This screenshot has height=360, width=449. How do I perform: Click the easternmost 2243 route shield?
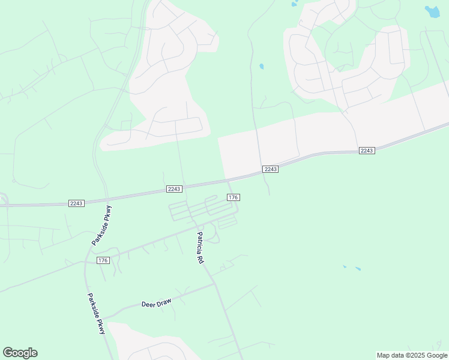(x=367, y=150)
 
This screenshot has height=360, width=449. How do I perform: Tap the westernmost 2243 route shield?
(x=76, y=203)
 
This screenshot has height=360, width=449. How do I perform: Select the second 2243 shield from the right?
(x=270, y=169)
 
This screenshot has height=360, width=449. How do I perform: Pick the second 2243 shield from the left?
(x=174, y=189)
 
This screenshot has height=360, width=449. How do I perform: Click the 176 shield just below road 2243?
(x=234, y=197)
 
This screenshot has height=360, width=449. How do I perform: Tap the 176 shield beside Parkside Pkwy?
(x=103, y=260)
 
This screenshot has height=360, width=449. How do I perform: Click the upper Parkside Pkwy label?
(x=102, y=226)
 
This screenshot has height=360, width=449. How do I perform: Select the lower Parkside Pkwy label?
(x=96, y=313)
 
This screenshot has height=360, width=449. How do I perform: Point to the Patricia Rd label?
(x=200, y=248)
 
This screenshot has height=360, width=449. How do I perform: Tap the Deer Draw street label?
(x=156, y=304)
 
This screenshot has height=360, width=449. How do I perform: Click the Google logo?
(x=20, y=353)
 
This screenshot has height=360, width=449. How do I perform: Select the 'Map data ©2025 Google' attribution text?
(x=412, y=355)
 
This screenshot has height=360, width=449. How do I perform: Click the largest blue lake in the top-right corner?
(x=432, y=11)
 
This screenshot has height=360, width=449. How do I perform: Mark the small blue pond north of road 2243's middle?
(x=261, y=66)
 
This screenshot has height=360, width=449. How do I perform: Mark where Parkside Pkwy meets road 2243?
(x=107, y=199)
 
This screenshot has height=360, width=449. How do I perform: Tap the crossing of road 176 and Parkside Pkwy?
(x=85, y=262)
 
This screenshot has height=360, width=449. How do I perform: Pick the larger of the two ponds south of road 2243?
(x=358, y=269)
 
